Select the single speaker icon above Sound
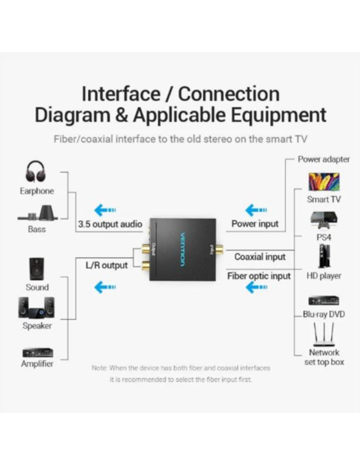37,269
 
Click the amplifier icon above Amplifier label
38,353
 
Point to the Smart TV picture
324,182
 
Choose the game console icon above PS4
324,220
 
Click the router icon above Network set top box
324,335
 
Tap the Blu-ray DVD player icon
324,301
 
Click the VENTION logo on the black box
183,249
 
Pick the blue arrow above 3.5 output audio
105,210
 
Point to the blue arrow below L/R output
105,287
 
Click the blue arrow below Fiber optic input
256,287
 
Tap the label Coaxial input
260,257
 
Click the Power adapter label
323,159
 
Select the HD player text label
324,276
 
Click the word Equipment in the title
279,115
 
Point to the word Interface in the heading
121,94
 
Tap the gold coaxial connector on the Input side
220,250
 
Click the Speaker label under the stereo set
37,326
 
